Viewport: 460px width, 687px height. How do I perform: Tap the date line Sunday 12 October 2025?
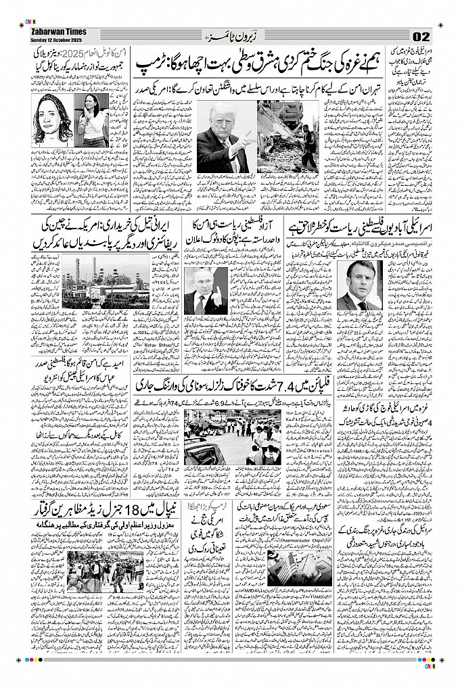tap(57, 39)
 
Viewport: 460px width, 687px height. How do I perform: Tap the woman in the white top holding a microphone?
tap(93, 116)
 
